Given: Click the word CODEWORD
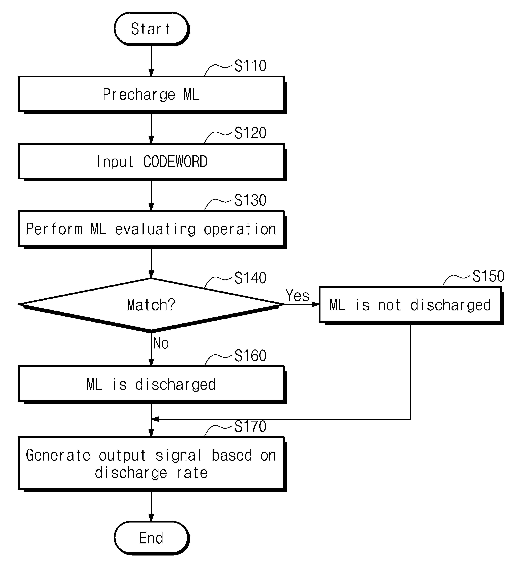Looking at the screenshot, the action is coord(175,162).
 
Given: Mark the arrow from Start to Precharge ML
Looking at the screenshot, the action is coord(151,61).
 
